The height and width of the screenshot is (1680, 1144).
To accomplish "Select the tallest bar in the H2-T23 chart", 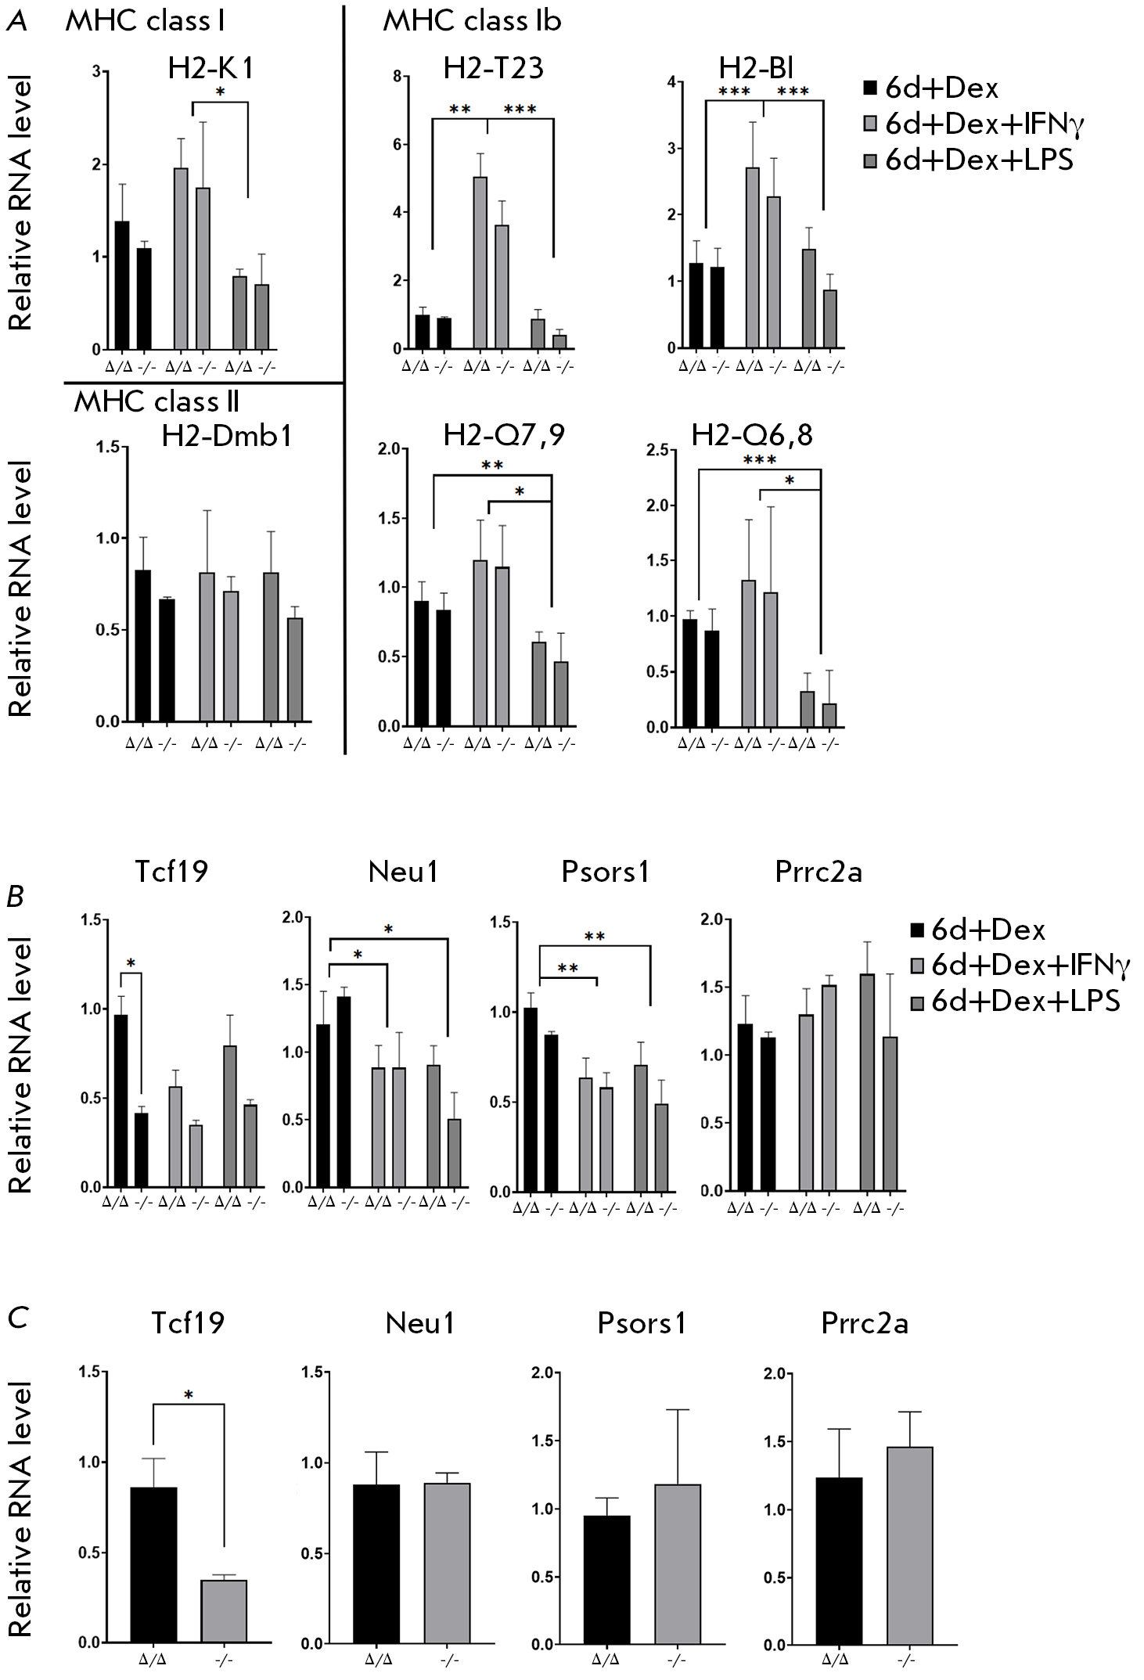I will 480,262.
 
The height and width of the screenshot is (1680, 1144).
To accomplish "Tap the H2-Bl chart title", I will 757,68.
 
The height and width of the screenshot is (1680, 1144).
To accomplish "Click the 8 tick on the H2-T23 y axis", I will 398,77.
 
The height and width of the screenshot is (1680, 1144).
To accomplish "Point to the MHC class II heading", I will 156,401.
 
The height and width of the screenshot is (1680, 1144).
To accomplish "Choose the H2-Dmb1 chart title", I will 227,436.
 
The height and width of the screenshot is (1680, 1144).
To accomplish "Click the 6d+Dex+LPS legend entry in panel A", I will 970,160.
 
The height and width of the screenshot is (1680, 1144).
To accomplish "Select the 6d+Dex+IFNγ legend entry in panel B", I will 1022,966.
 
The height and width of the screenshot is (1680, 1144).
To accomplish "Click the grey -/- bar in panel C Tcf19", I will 224,1573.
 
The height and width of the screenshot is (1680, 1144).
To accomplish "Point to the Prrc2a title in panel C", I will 864,1323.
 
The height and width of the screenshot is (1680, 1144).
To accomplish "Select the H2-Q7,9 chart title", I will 504,436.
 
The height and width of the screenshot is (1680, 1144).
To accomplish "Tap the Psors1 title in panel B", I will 605,872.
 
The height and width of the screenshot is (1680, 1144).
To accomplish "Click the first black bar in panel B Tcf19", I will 121,1100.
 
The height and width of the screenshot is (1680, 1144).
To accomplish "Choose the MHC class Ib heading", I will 472,21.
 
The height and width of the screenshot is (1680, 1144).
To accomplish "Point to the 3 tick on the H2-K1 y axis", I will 96,72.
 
